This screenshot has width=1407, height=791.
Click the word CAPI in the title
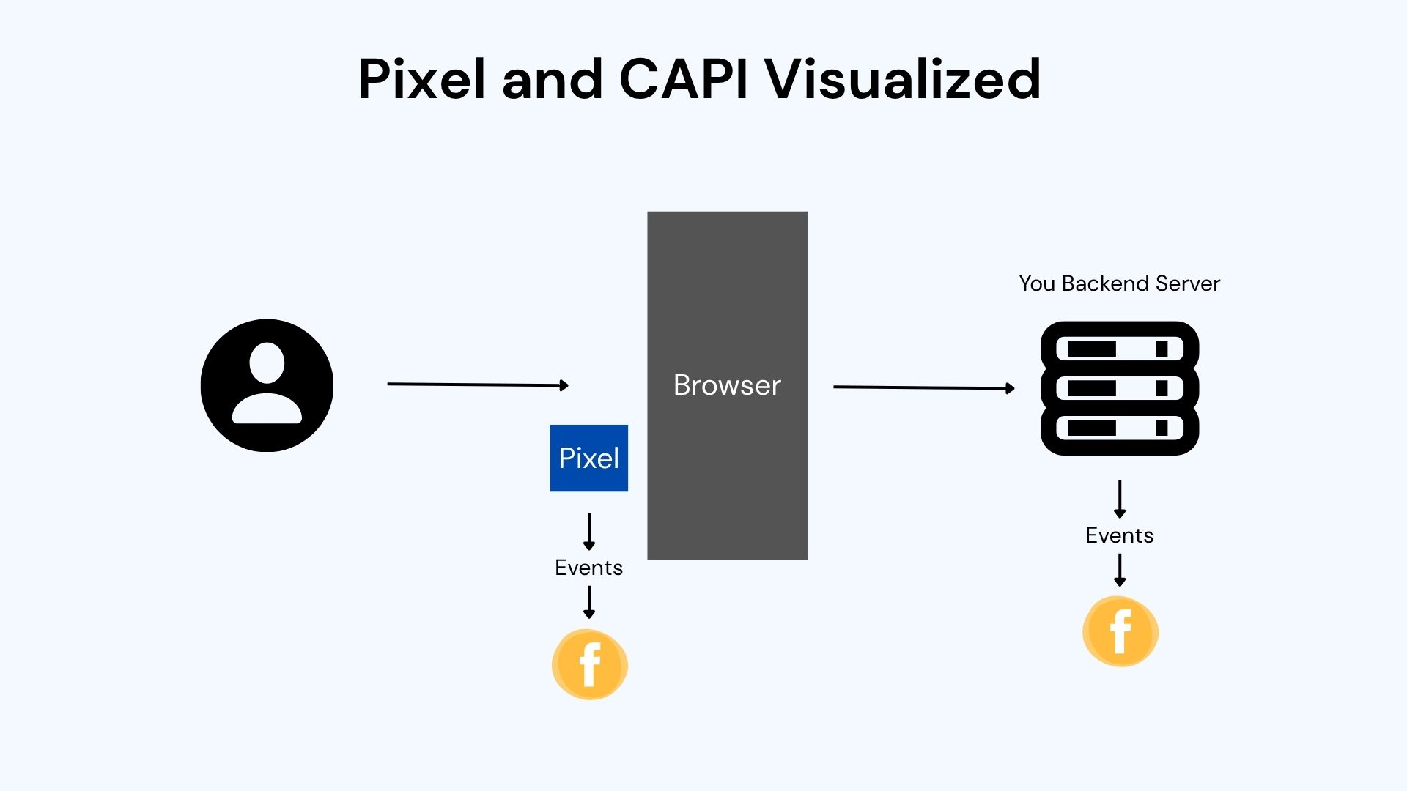tap(683, 78)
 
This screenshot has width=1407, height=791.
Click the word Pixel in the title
tap(421, 78)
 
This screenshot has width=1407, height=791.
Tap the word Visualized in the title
tap(903, 78)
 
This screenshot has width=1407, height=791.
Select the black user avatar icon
tap(267, 385)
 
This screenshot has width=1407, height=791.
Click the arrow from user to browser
tap(477, 384)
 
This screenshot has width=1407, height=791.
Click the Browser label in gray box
tap(727, 385)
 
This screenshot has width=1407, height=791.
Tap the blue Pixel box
tap(588, 458)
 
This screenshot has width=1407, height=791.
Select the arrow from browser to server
tap(923, 387)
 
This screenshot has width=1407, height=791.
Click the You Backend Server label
tap(1119, 283)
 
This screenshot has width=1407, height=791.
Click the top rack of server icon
tap(1119, 349)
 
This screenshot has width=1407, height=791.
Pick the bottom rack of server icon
tap(1119, 428)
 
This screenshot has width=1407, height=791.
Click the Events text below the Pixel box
tap(588, 568)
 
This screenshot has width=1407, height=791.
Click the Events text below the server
tap(1119, 535)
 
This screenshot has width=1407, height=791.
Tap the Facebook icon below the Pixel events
tap(589, 664)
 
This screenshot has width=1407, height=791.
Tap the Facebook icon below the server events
tap(1120, 631)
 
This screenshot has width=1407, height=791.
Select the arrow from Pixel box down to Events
tap(588, 531)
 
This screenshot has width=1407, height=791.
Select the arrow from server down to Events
tap(1119, 499)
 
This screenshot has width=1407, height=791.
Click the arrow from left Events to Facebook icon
tap(588, 602)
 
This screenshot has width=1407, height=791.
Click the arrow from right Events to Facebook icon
tap(1119, 570)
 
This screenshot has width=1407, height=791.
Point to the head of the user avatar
tap(267, 363)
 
